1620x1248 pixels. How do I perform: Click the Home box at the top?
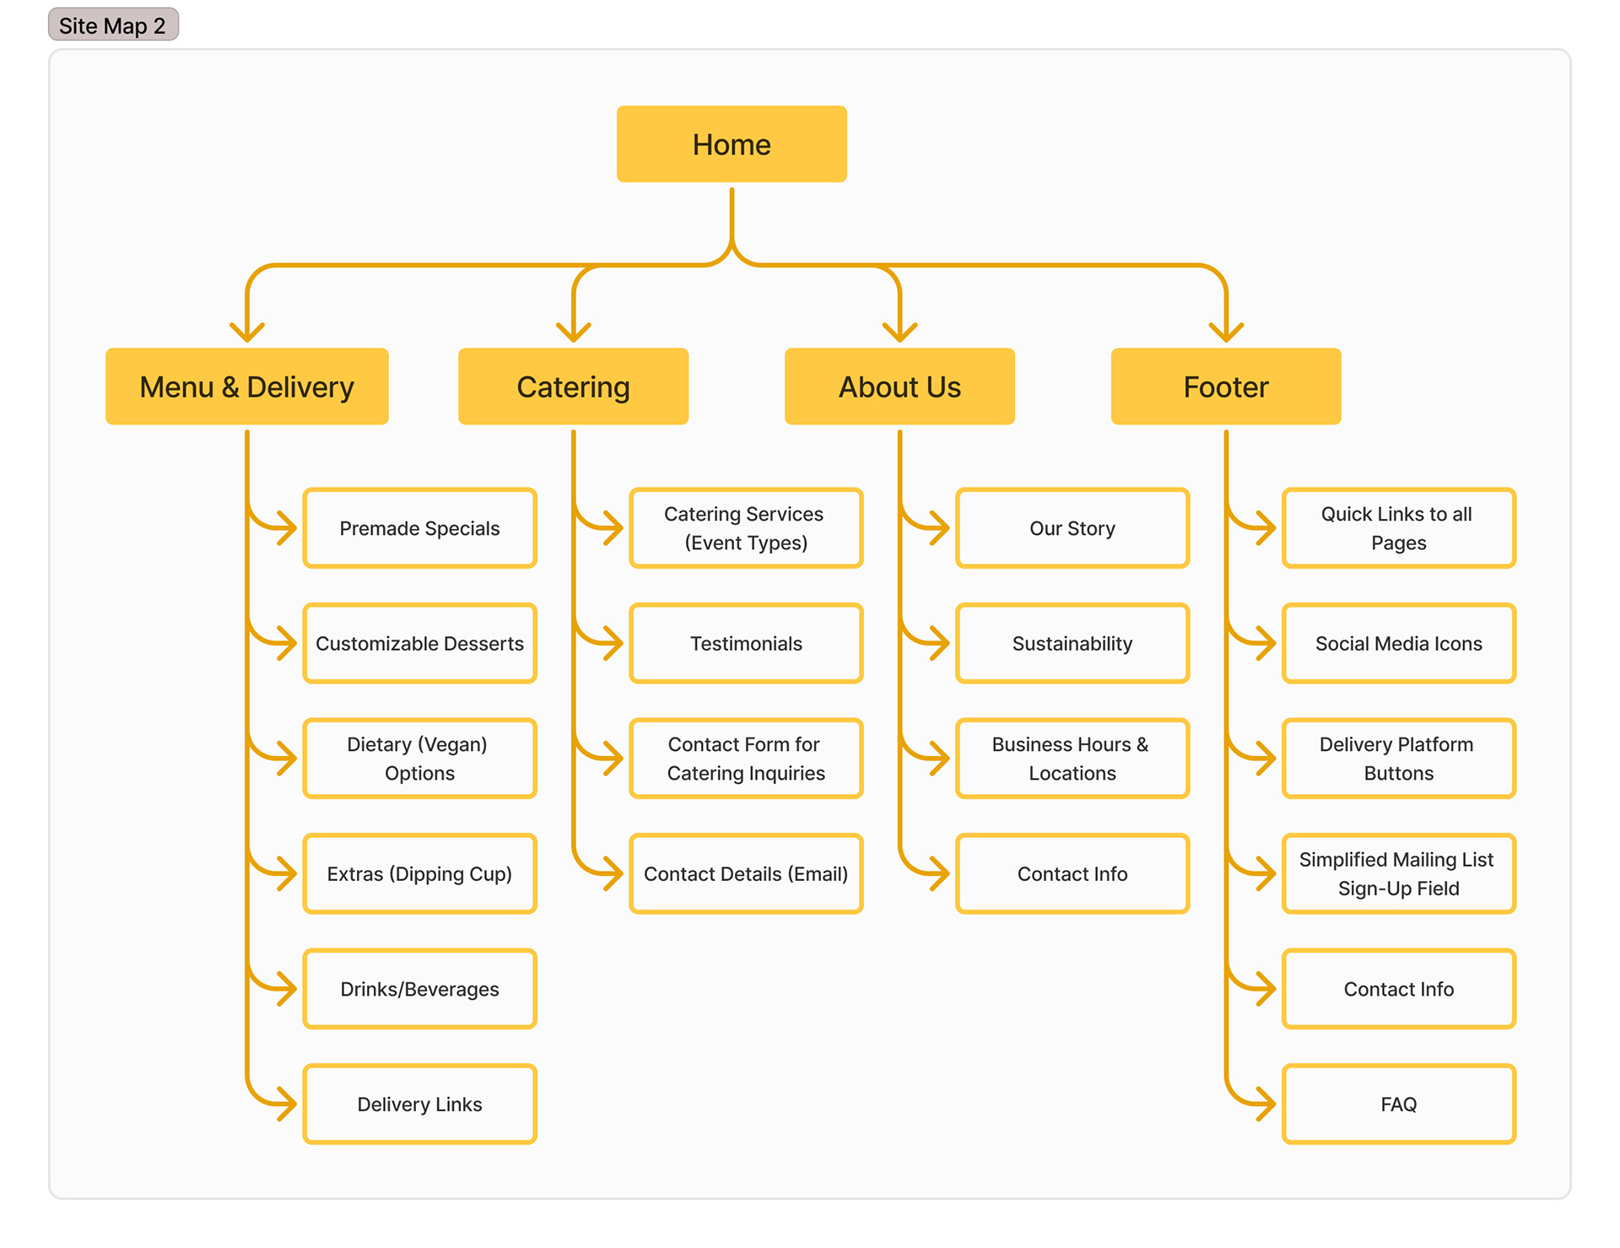point(732,144)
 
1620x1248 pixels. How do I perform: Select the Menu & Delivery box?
point(246,386)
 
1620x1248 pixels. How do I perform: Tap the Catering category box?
point(573,386)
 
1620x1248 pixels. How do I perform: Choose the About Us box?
point(899,386)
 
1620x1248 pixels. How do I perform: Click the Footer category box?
point(1226,386)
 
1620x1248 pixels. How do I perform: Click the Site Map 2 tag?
point(113,25)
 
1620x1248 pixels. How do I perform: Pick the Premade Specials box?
point(419,528)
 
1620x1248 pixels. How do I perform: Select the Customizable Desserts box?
point(419,643)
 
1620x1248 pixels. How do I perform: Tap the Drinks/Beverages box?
point(419,989)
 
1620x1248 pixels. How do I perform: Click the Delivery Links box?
point(419,1104)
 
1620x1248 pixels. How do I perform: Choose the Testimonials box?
point(746,643)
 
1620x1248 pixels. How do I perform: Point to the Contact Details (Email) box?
point(746,873)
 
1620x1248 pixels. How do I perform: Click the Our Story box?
point(1072,528)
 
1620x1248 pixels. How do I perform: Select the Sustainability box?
point(1072,643)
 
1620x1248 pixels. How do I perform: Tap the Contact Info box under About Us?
point(1072,873)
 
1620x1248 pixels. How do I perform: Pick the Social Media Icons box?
point(1399,643)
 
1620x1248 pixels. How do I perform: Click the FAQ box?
point(1399,1104)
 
